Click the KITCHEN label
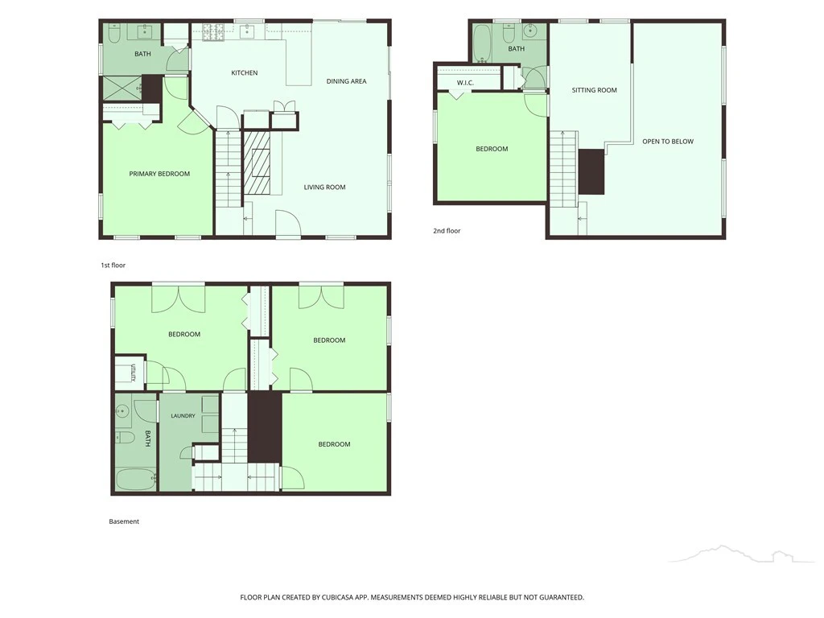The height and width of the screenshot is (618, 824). [245, 73]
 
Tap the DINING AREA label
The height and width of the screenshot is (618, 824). [346, 81]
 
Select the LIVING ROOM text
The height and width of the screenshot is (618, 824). [325, 187]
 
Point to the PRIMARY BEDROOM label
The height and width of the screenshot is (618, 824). [159, 174]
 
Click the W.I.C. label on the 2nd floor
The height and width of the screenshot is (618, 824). [465, 83]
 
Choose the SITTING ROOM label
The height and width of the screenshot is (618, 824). [595, 90]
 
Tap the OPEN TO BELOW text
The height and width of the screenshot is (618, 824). [668, 142]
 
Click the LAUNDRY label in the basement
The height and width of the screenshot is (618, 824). [183, 416]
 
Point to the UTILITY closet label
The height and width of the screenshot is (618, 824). [134, 373]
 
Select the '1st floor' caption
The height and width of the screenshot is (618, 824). [113, 266]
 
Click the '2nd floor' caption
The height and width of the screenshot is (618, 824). [447, 231]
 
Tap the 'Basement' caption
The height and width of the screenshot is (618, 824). [124, 521]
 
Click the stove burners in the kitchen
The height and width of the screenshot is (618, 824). [214, 31]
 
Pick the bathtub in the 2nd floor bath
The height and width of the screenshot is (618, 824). [481, 43]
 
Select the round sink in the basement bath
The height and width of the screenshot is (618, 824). [123, 410]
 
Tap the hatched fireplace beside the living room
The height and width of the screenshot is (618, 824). [257, 163]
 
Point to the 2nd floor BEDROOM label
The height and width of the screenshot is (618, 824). [492, 149]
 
